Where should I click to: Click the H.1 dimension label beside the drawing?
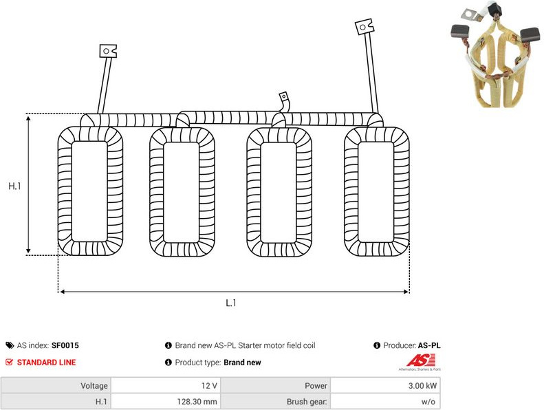(x=14, y=186)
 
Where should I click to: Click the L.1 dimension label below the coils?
(x=230, y=303)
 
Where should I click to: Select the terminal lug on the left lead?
(x=108, y=51)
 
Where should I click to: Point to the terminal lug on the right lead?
(x=365, y=26)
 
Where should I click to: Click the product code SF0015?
(x=65, y=345)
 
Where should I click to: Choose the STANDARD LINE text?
(x=47, y=363)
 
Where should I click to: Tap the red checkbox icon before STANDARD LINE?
(x=10, y=363)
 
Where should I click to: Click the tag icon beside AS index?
(x=10, y=345)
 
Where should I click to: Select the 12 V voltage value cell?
(x=166, y=386)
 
